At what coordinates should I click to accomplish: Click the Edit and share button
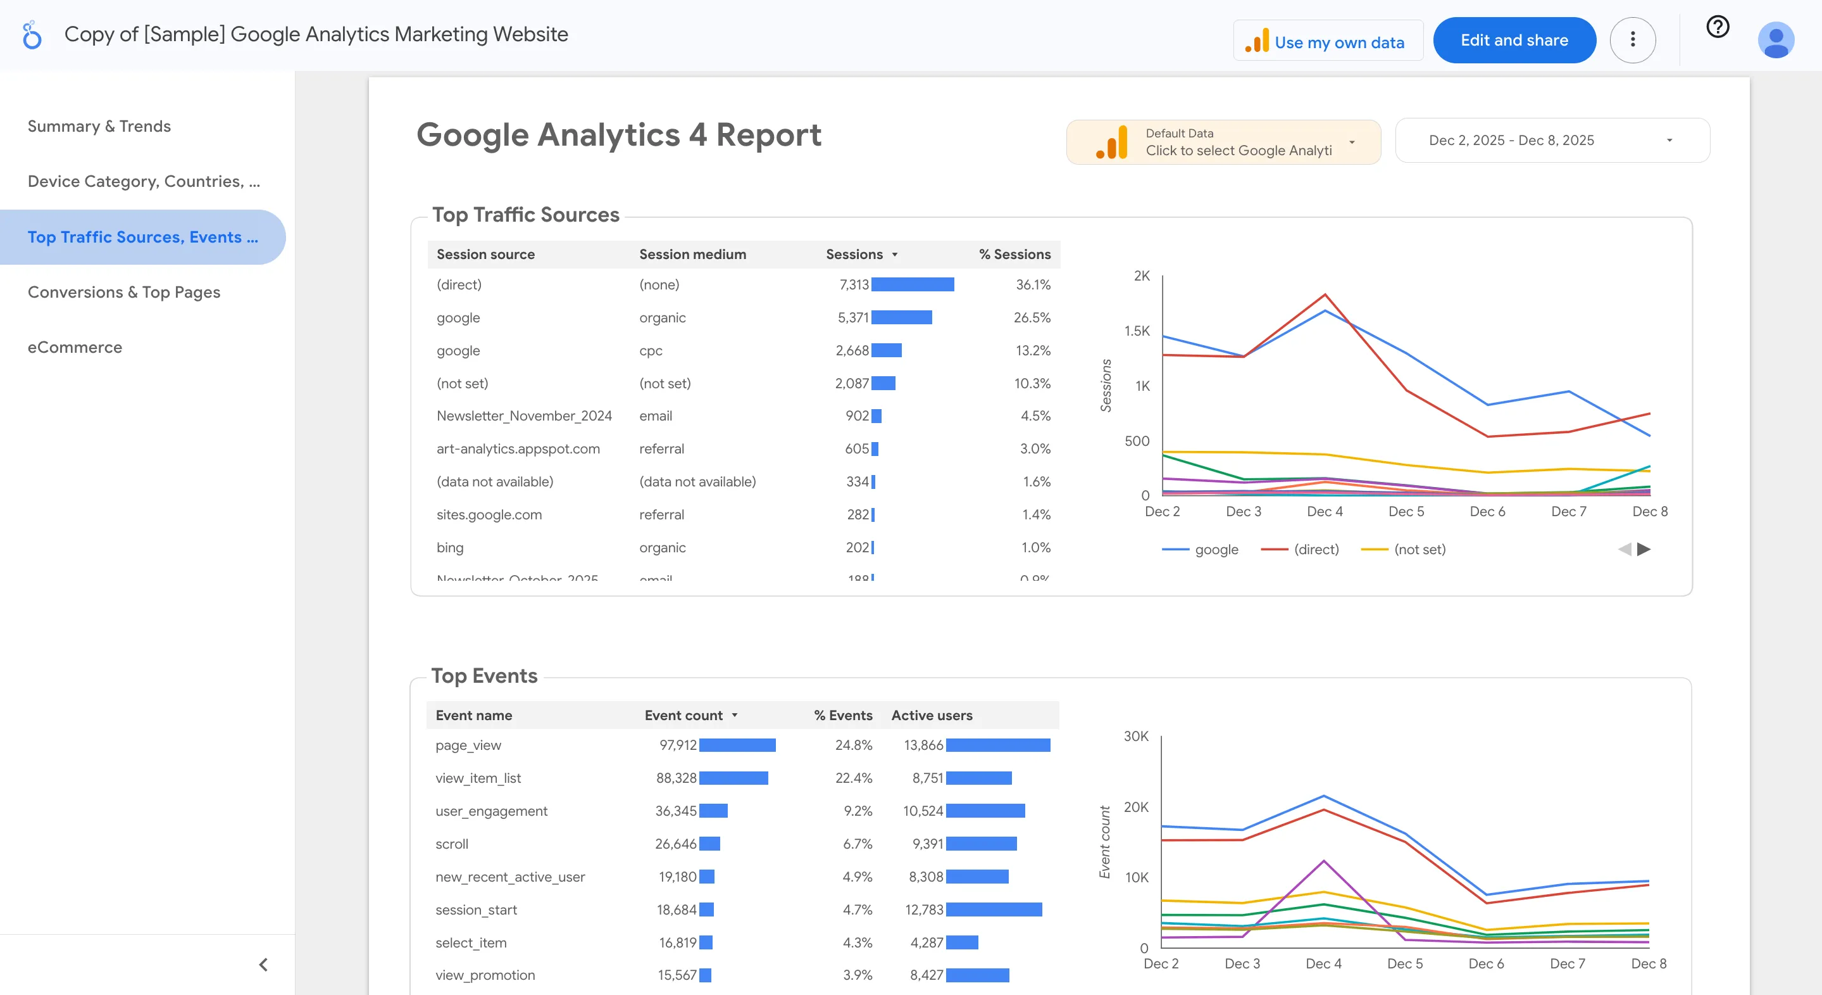click(1514, 41)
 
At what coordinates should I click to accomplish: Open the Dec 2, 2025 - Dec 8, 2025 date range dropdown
click(1552, 140)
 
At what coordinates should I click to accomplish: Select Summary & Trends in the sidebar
click(99, 126)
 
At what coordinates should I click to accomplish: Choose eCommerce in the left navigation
click(75, 348)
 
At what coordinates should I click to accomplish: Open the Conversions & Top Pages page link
click(124, 292)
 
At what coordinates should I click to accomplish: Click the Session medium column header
click(692, 254)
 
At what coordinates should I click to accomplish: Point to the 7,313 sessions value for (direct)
click(854, 284)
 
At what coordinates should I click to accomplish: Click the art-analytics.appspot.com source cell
click(518, 448)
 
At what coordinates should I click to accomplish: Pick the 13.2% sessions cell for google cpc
click(1033, 350)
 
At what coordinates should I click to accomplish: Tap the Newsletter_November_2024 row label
click(524, 416)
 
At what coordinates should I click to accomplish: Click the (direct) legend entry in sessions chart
click(1316, 549)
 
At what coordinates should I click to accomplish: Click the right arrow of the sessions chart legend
click(1644, 549)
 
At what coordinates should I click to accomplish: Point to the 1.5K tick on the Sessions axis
click(1137, 331)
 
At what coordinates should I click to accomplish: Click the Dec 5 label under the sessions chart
click(1406, 512)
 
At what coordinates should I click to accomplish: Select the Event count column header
click(683, 716)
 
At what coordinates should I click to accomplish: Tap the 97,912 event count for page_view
click(678, 745)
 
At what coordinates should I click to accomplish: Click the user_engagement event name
click(492, 811)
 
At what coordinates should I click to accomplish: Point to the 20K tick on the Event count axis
click(1136, 808)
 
